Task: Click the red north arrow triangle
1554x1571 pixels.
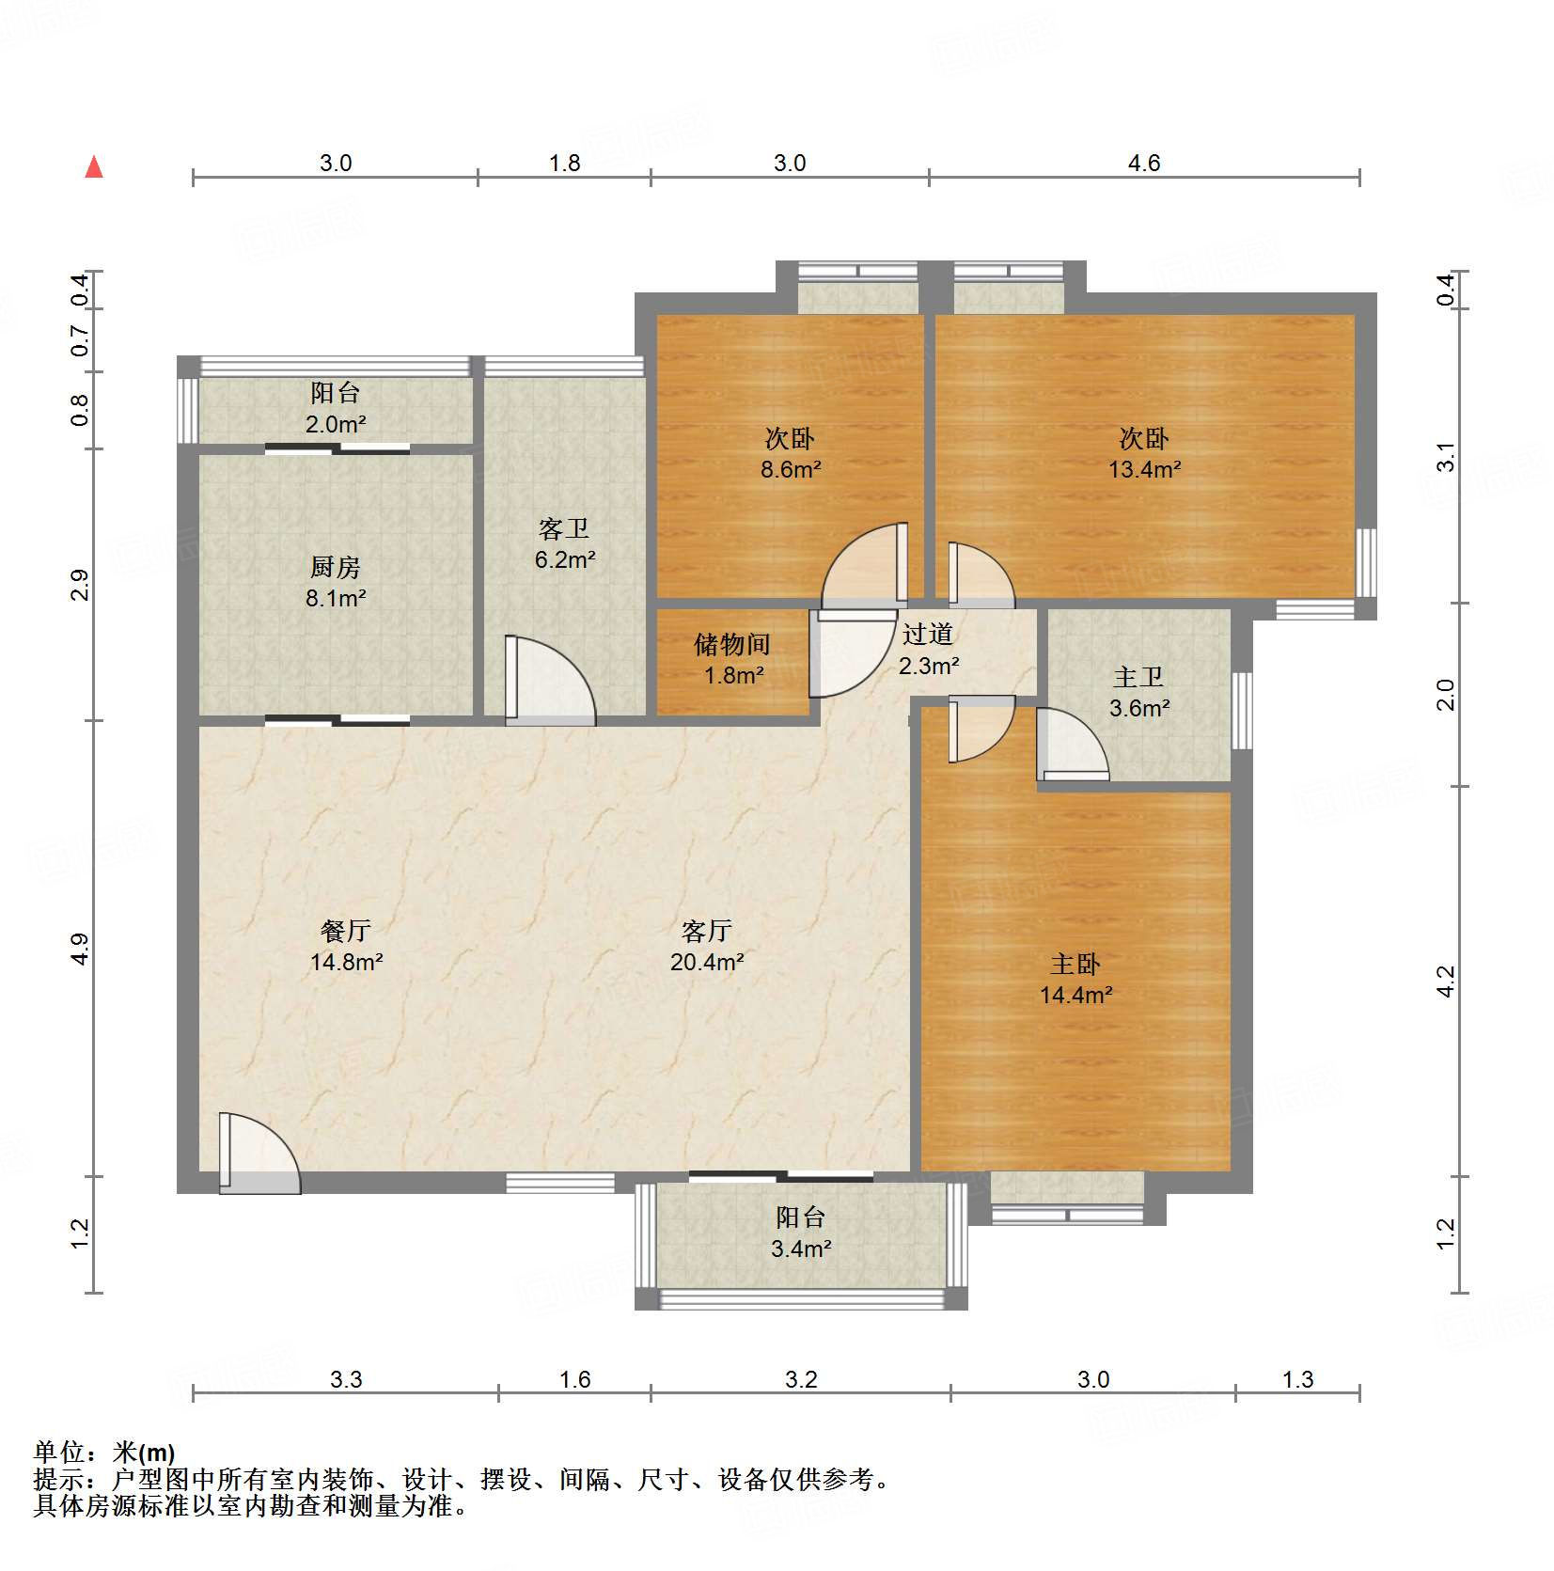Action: click(x=94, y=167)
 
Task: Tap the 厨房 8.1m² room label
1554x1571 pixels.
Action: click(x=336, y=582)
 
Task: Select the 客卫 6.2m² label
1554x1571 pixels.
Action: click(x=564, y=544)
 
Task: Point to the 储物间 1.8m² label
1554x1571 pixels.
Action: click(x=732, y=659)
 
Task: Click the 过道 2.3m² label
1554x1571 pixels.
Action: click(x=928, y=650)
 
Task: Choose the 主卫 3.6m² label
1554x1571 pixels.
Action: click(x=1138, y=692)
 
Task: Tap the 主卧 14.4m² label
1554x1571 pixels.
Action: click(x=1075, y=979)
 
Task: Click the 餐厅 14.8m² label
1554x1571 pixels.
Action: click(x=346, y=946)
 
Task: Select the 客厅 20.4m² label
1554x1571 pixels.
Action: click(x=707, y=946)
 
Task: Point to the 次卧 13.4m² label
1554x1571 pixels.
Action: click(x=1144, y=453)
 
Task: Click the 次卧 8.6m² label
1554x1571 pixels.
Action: click(x=790, y=453)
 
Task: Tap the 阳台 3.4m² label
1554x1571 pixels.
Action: click(x=801, y=1233)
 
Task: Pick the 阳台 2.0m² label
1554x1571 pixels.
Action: click(x=336, y=408)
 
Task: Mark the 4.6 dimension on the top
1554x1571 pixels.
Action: click(x=1144, y=163)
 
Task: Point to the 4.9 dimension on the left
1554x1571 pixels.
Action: click(x=80, y=948)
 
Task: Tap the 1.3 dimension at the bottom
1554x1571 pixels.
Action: click(x=1297, y=1379)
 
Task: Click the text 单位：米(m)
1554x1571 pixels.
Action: click(x=104, y=1453)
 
